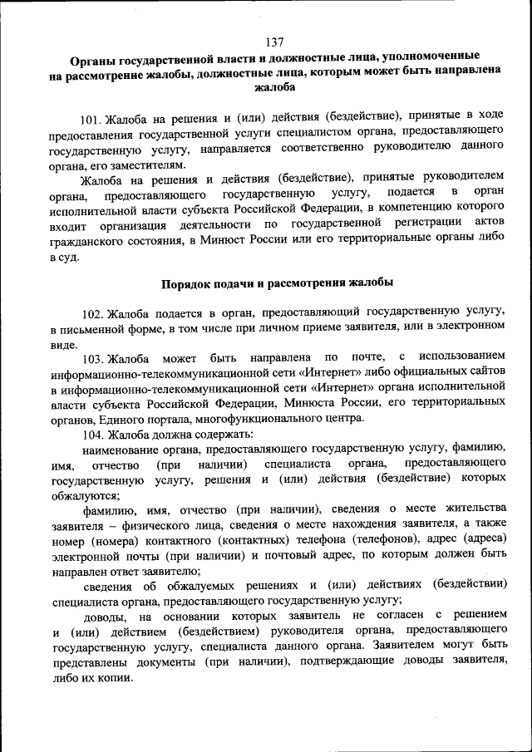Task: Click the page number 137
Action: click(274, 42)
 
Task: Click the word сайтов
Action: click(484, 373)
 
